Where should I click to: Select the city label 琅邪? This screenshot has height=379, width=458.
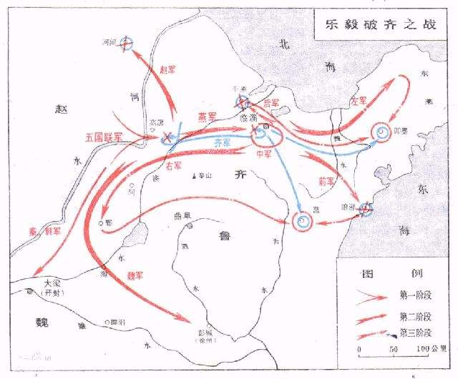(x=349, y=205)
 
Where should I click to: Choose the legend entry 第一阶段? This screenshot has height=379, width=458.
(x=415, y=295)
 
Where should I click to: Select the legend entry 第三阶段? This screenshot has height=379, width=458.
(x=415, y=333)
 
